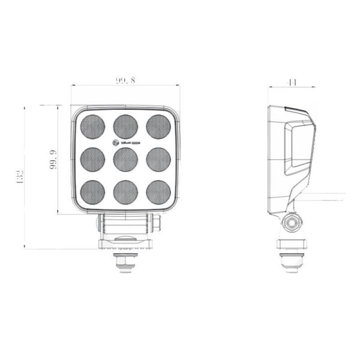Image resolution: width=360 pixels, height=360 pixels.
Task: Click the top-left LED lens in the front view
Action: tap(93, 127)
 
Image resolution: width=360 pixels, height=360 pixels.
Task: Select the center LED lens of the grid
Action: tap(125, 159)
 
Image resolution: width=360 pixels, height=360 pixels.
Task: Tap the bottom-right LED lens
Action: tap(158, 192)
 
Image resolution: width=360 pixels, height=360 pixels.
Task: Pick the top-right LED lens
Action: tap(158, 127)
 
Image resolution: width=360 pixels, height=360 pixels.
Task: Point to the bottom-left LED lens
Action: tap(93, 192)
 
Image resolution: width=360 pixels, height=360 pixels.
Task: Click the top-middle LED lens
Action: tap(125, 127)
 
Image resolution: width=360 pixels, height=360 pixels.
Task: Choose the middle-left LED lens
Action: tap(93, 159)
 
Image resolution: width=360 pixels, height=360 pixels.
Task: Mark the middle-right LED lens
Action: tap(158, 159)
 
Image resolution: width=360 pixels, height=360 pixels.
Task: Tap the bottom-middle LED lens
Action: tap(125, 192)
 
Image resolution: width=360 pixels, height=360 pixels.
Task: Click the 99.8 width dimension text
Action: tap(125, 80)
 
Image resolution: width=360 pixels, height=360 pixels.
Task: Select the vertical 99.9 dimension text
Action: tap(53, 160)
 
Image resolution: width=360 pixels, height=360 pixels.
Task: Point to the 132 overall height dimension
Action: tap(20, 178)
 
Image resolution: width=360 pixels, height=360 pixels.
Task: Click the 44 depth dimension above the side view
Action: tap(292, 82)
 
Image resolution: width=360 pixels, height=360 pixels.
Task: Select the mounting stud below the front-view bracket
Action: tap(125, 262)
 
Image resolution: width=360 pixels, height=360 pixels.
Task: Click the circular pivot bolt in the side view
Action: tap(293, 223)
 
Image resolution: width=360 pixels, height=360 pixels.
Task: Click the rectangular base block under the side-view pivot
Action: tap(292, 244)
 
